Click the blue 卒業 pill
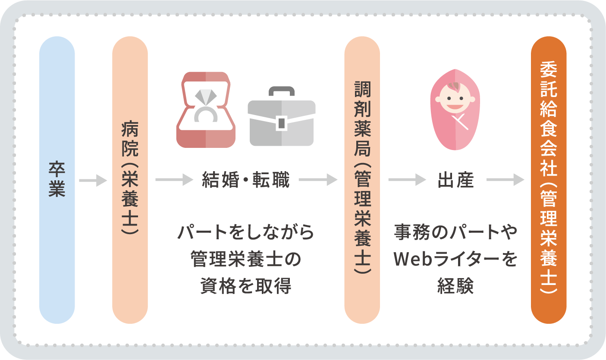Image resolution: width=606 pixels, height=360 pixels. coord(57,180)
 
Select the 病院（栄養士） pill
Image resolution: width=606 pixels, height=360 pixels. coord(130,180)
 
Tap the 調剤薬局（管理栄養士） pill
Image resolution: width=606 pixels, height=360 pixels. coord(362,180)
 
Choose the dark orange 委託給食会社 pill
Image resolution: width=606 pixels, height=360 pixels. coord(548,180)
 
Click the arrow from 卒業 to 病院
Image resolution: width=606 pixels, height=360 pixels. coord(93,181)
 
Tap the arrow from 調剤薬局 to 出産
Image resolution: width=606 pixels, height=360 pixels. coord(407,181)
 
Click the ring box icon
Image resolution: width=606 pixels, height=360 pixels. coord(206,110)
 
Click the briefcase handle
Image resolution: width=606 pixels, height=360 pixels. coord(281,91)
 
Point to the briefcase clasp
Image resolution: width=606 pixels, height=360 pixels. coord(281,122)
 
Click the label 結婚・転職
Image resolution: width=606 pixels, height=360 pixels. coord(245,181)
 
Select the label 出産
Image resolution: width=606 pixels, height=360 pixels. coord(455,181)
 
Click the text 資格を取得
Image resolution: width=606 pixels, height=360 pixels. coord(245,286)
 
